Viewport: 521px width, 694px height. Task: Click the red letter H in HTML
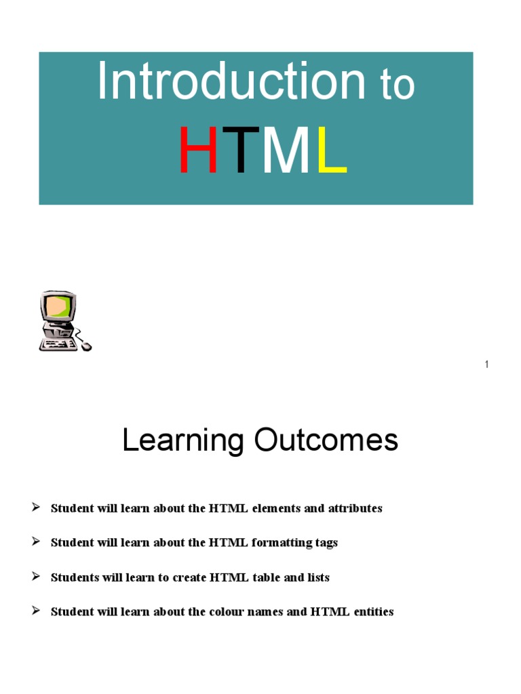(198, 151)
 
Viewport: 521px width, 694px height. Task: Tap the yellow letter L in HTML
(331, 151)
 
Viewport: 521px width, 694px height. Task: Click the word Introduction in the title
(231, 82)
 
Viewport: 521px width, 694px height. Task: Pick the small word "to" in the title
(397, 86)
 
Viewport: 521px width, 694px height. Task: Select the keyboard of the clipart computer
(58, 344)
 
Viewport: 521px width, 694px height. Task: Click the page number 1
(486, 365)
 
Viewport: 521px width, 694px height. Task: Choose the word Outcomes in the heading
(326, 441)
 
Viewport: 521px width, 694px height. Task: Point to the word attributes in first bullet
(355, 508)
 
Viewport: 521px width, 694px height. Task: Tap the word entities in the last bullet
(371, 612)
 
